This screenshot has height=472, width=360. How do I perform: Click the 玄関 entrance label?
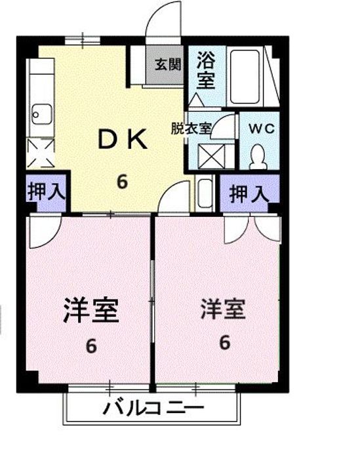tap(167, 64)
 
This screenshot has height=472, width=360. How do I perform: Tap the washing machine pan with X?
tap(212, 157)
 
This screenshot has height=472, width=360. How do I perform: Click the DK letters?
tap(123, 139)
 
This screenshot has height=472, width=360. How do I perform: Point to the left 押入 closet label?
tap(47, 193)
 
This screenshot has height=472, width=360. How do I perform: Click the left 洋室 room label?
tap(91, 310)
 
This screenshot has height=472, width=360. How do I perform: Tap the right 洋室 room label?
tap(223, 309)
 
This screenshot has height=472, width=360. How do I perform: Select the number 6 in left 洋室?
tap(91, 345)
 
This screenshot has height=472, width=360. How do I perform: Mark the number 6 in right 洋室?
tap(224, 342)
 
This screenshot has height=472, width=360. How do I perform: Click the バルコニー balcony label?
tap(153, 409)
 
